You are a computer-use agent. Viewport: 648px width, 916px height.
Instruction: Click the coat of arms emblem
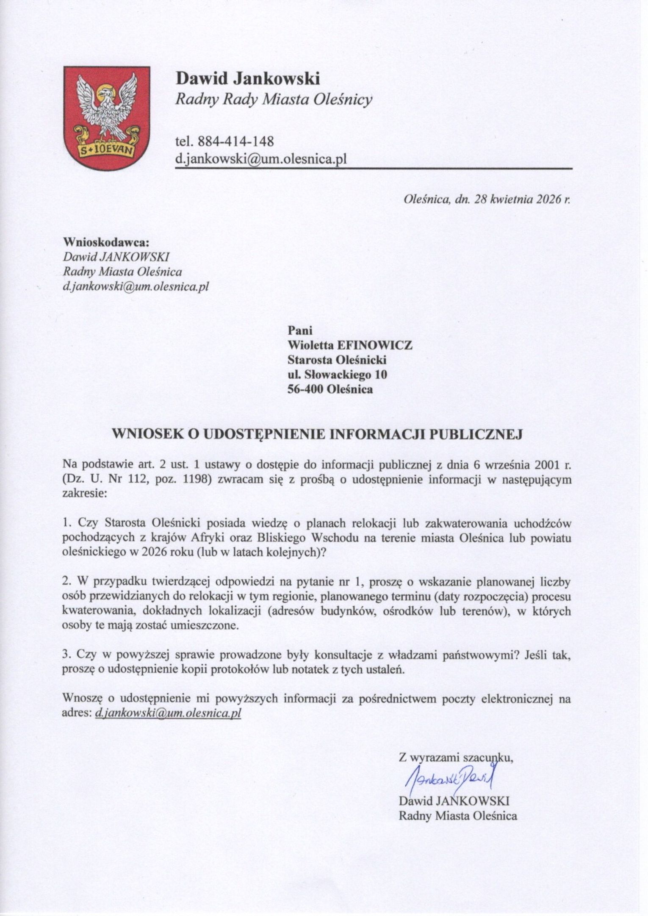106,118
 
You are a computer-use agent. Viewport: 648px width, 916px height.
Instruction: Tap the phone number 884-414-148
235,141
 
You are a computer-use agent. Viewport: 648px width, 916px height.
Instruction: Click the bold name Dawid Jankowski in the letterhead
248,78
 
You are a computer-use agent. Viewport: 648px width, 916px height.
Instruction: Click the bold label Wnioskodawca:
106,242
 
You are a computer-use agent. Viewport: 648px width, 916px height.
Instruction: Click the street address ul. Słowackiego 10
337,374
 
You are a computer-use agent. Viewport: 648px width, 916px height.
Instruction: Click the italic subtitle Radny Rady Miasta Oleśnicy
274,100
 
